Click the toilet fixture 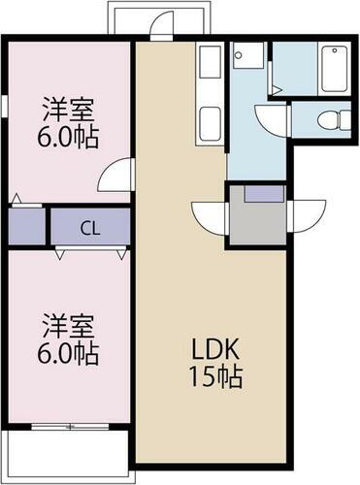331,120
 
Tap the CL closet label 88,230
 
